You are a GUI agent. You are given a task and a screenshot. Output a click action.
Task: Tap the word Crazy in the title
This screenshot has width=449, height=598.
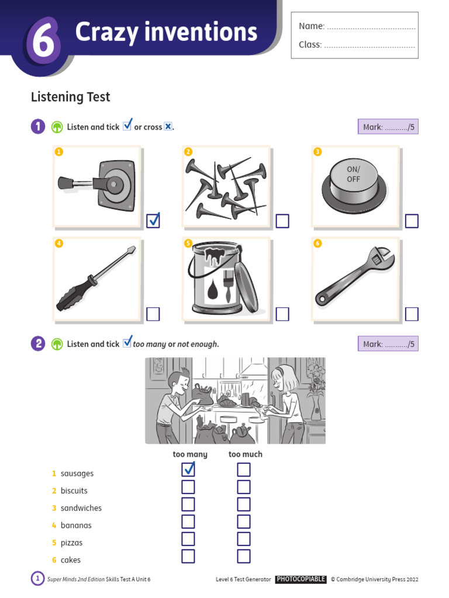(x=106, y=32)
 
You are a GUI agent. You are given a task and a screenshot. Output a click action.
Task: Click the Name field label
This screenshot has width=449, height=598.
(x=312, y=26)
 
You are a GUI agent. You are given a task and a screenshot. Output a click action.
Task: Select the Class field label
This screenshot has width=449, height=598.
(x=310, y=44)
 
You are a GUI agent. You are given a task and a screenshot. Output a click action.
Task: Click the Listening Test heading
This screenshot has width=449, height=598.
(x=71, y=97)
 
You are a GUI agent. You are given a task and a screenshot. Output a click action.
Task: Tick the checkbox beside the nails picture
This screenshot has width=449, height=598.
(x=282, y=221)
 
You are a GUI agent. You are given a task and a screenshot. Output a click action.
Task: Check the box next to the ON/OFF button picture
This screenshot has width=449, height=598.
(x=412, y=221)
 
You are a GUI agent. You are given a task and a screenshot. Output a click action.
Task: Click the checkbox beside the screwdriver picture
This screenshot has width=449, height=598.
(x=153, y=314)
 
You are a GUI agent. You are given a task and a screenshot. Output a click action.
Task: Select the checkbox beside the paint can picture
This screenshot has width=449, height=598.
(x=282, y=314)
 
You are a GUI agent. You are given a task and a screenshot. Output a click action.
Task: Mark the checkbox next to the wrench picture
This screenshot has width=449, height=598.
(x=412, y=314)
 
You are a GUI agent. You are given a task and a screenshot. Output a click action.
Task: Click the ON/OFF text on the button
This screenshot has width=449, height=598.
(x=353, y=174)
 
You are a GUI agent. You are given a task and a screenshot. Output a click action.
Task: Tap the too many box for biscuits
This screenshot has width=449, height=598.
(x=188, y=487)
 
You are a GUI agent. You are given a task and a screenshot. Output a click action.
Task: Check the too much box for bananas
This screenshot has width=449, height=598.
(x=244, y=521)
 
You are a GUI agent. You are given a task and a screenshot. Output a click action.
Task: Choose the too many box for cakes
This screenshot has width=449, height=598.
(x=188, y=557)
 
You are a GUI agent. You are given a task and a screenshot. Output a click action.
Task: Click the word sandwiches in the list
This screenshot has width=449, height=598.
(x=81, y=508)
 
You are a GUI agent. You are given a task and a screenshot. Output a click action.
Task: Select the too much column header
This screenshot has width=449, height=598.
(x=246, y=454)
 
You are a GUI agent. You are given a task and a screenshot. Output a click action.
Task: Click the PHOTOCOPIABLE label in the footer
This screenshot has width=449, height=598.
(x=301, y=579)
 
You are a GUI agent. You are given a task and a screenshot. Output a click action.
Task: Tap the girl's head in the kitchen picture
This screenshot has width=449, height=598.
(x=285, y=378)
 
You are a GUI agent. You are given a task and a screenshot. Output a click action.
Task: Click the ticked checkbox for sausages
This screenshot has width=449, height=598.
(x=188, y=470)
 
